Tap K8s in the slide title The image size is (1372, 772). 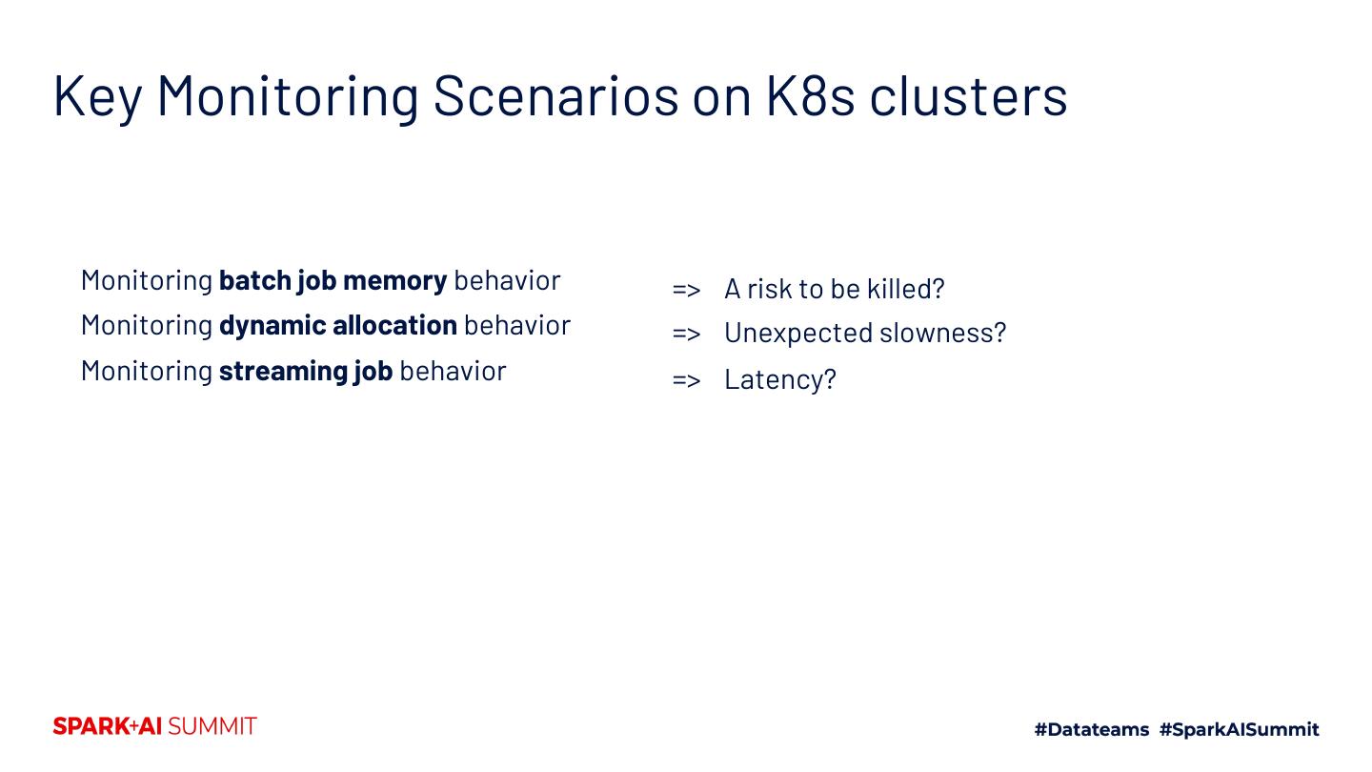click(810, 95)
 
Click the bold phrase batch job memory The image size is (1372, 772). click(333, 280)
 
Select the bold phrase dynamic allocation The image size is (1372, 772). click(337, 325)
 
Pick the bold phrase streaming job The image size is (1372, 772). click(305, 371)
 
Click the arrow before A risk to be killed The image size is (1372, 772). click(686, 289)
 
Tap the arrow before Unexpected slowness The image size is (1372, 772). click(686, 333)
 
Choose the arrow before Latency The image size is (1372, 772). click(686, 379)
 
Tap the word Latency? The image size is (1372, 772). click(780, 379)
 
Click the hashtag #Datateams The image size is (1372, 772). click(1092, 730)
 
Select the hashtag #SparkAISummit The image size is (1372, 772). click(1239, 730)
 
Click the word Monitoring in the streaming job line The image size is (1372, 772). click(147, 371)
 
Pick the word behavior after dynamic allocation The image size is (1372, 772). click(517, 325)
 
